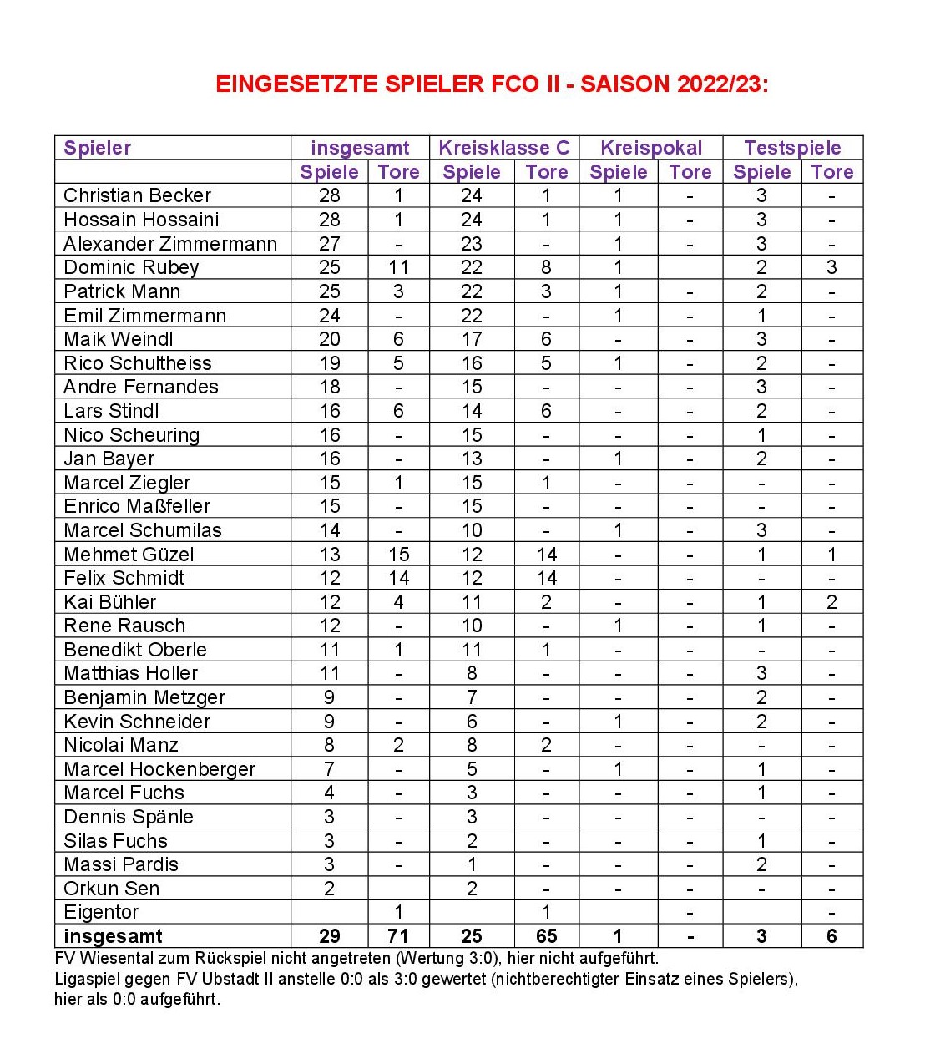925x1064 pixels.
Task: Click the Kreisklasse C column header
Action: point(503,148)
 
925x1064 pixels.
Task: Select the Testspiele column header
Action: point(792,148)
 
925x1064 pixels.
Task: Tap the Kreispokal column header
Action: point(651,148)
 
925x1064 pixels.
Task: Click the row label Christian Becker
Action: point(137,195)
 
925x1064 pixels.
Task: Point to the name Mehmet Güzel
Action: point(129,555)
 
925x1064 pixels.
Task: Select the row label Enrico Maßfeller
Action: point(137,506)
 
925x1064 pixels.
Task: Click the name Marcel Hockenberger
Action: point(159,769)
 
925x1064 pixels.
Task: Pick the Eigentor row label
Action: point(101,912)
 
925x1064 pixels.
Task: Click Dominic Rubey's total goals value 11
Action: point(398,267)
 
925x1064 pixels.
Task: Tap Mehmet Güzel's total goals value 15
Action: point(398,555)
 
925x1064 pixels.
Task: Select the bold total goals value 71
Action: point(398,936)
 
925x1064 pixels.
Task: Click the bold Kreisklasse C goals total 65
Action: point(546,936)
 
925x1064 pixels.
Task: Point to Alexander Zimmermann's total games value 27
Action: point(330,244)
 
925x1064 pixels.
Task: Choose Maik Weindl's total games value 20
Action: point(330,339)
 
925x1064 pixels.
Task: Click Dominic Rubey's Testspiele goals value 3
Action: point(831,267)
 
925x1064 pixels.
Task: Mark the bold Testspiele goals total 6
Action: point(831,936)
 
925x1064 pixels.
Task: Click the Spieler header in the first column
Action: point(98,148)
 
